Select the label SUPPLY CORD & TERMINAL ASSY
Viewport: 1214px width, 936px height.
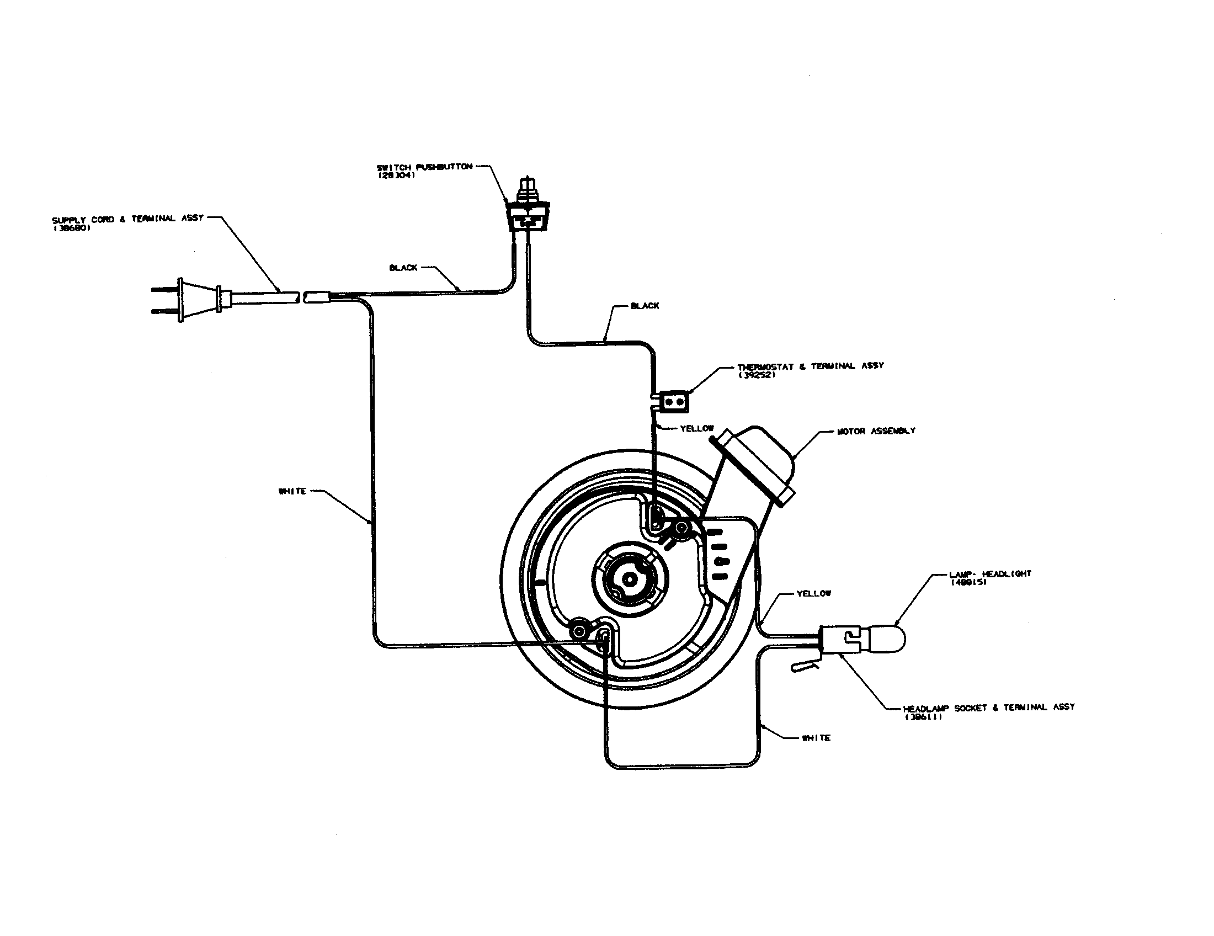(128, 219)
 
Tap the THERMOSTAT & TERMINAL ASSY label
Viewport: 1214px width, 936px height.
(810, 366)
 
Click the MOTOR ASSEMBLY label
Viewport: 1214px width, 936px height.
(876, 431)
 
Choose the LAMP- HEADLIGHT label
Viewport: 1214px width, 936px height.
(990, 574)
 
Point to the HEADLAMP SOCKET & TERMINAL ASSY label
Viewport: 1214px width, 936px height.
(988, 708)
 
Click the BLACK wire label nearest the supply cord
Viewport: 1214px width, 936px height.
(403, 268)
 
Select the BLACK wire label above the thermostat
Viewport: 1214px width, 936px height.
(645, 306)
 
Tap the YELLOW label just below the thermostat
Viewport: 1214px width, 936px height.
(696, 428)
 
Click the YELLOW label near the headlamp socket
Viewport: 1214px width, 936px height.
(814, 594)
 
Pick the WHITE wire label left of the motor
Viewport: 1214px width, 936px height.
(292, 491)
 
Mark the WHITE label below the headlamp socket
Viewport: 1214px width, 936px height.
(816, 738)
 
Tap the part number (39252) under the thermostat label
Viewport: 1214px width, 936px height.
(757, 375)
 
